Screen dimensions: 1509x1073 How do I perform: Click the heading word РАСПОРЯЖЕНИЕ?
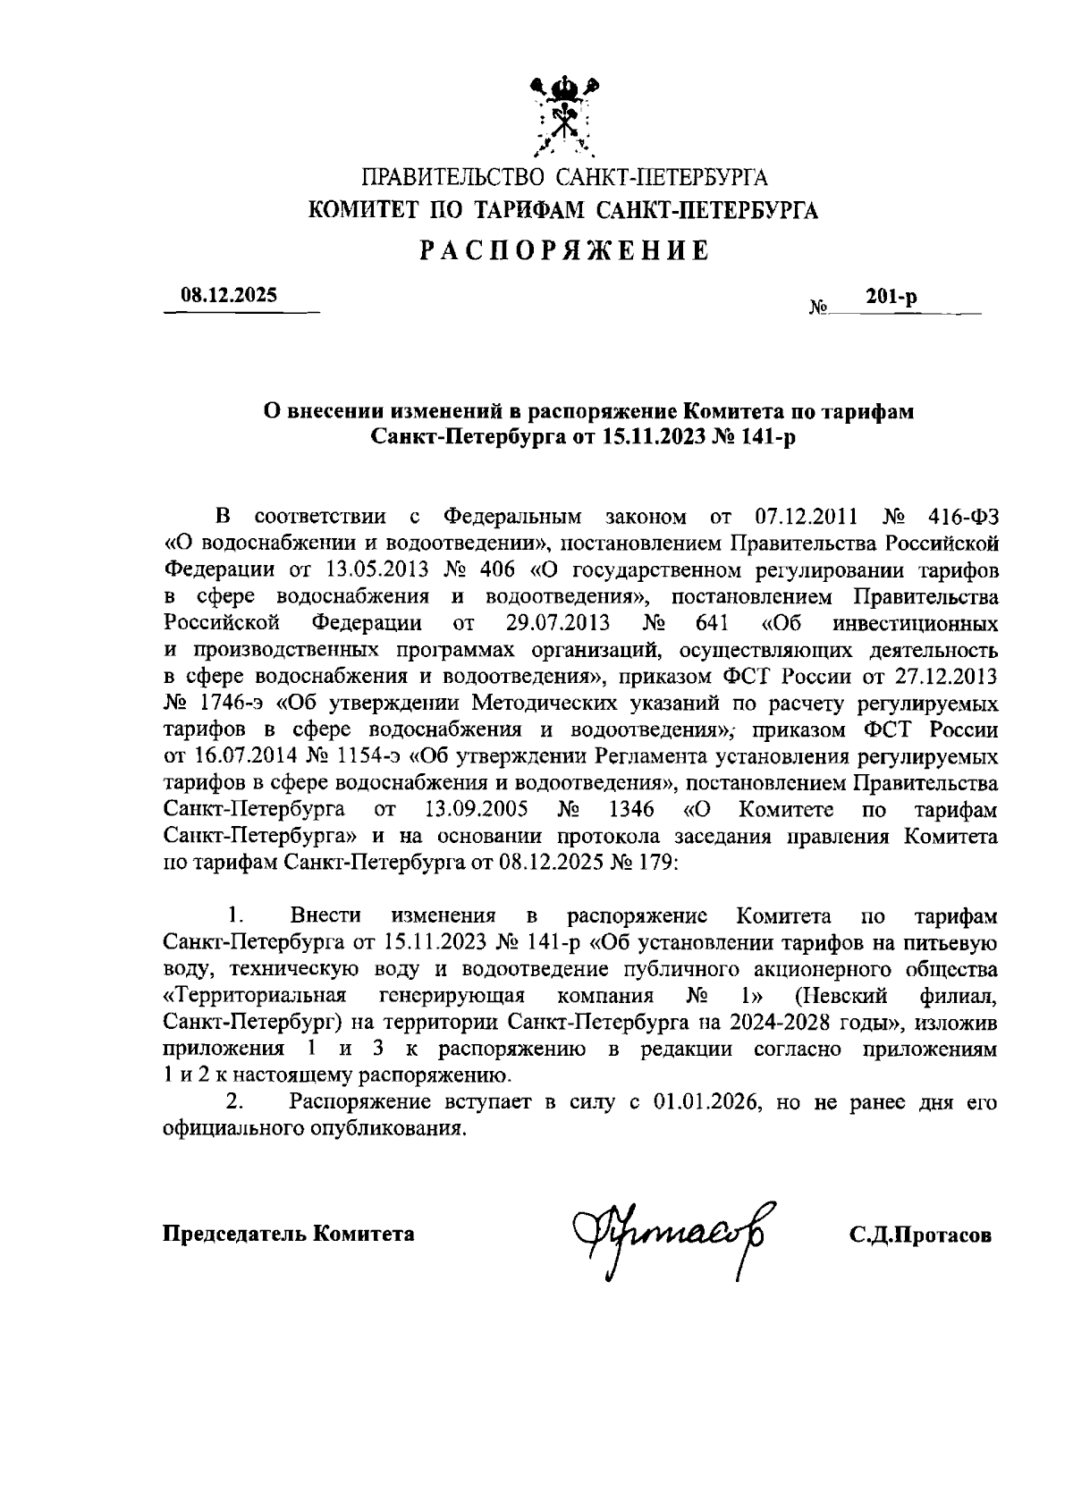tap(565, 250)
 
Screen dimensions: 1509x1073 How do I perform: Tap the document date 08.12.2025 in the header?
tap(230, 294)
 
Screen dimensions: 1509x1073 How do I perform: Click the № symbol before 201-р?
tap(818, 308)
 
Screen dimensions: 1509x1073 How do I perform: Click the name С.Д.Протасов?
tap(921, 1235)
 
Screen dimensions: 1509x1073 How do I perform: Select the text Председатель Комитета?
tap(288, 1235)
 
